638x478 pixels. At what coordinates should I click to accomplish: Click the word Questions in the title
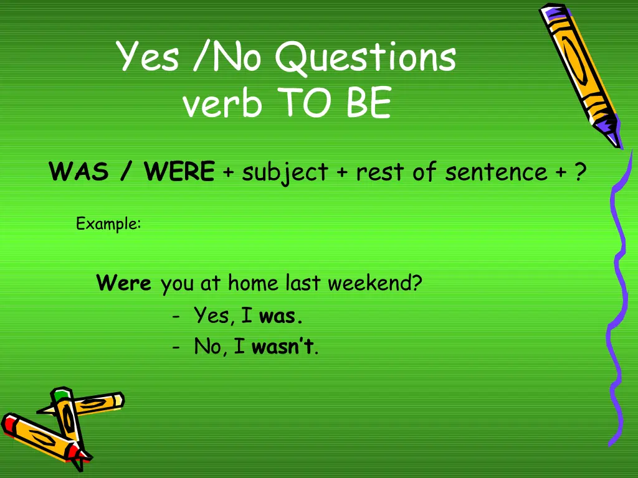(365, 58)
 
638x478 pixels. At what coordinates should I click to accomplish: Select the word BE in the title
(369, 103)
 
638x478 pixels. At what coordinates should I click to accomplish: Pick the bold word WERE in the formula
(179, 171)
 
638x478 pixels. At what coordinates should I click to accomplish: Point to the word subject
(285, 172)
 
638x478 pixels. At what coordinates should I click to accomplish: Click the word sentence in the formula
(495, 172)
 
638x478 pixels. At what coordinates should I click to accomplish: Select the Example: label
(108, 223)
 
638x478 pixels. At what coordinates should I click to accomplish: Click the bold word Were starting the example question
(124, 284)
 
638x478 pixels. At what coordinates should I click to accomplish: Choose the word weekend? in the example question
(374, 284)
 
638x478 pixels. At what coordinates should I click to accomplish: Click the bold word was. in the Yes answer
(281, 316)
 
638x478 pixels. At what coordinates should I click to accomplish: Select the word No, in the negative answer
(210, 347)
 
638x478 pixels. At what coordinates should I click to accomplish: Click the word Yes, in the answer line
(214, 316)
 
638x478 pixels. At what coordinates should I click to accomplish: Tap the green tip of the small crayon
(60, 395)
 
